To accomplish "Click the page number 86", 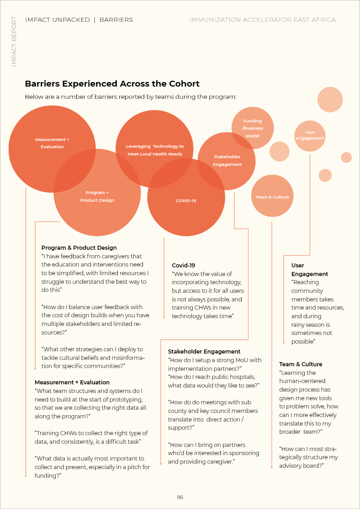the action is click(x=180, y=497).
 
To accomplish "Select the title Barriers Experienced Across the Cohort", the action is click(x=112, y=84).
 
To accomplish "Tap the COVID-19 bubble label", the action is click(x=186, y=200).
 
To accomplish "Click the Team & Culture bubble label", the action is click(x=272, y=197).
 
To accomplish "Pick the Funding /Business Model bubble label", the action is click(x=253, y=128).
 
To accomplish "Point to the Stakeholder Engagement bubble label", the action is click(x=227, y=160).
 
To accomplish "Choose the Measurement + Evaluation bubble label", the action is click(x=52, y=143).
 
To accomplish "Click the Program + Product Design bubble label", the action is click(x=97, y=196).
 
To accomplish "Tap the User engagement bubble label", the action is click(x=310, y=135).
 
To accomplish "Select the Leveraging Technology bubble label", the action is click(x=155, y=150).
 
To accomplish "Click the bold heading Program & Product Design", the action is click(x=79, y=248).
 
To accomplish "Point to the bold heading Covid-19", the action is click(x=183, y=265).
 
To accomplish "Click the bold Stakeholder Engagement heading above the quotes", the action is click(x=204, y=351).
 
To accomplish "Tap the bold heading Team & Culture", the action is click(x=301, y=364).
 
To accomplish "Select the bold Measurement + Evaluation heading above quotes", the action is click(x=72, y=382).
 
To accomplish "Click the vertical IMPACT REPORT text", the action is click(x=14, y=42).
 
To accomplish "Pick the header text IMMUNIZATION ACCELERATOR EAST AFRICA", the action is click(x=263, y=20).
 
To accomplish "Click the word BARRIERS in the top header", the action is click(x=116, y=20).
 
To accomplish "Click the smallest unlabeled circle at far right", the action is click(x=346, y=157).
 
